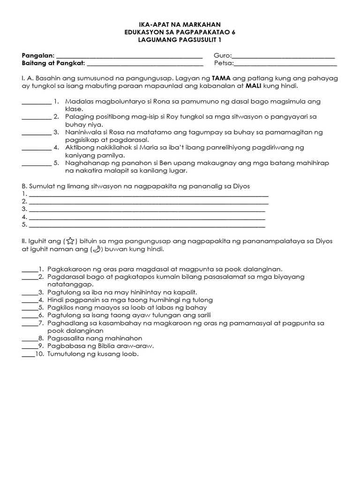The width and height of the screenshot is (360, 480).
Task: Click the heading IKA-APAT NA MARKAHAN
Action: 180,24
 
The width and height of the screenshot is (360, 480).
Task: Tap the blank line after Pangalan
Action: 129,56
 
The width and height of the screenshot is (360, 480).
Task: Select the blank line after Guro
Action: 283,56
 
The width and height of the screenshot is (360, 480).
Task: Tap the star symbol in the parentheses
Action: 69,241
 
